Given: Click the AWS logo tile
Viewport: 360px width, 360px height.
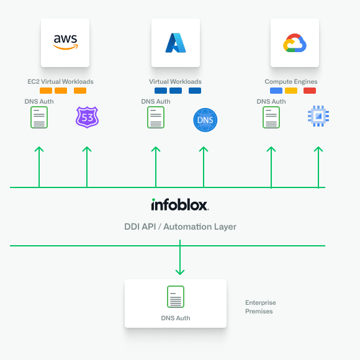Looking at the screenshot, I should coord(65,42).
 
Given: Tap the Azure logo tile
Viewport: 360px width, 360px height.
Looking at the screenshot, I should coord(176,42).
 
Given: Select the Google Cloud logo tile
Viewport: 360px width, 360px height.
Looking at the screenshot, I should coord(295,42).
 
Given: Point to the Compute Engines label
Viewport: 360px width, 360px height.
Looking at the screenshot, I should coord(291,82).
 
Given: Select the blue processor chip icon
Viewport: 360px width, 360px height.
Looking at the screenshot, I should coord(318,116).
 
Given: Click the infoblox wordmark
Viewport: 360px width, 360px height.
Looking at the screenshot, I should coord(180,205).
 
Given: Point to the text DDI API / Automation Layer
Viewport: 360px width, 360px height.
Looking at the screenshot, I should coord(180,227).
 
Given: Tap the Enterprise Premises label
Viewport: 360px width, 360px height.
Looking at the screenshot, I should coord(260,307).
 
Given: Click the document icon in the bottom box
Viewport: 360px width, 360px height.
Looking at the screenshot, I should coord(176,297).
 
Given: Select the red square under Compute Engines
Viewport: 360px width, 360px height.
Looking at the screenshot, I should coord(310,91).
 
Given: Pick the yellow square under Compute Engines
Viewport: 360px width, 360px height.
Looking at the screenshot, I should coord(291,91).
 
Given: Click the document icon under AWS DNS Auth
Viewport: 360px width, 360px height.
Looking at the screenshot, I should coord(39,117).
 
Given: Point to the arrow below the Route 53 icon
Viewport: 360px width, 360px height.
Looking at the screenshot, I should coord(87,166).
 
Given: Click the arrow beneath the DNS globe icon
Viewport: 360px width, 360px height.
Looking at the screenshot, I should coord(204,166).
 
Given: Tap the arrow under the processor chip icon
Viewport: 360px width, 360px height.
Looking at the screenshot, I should coord(318,166).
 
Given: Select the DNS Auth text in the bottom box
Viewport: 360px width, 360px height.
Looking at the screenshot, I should coord(176,318).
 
